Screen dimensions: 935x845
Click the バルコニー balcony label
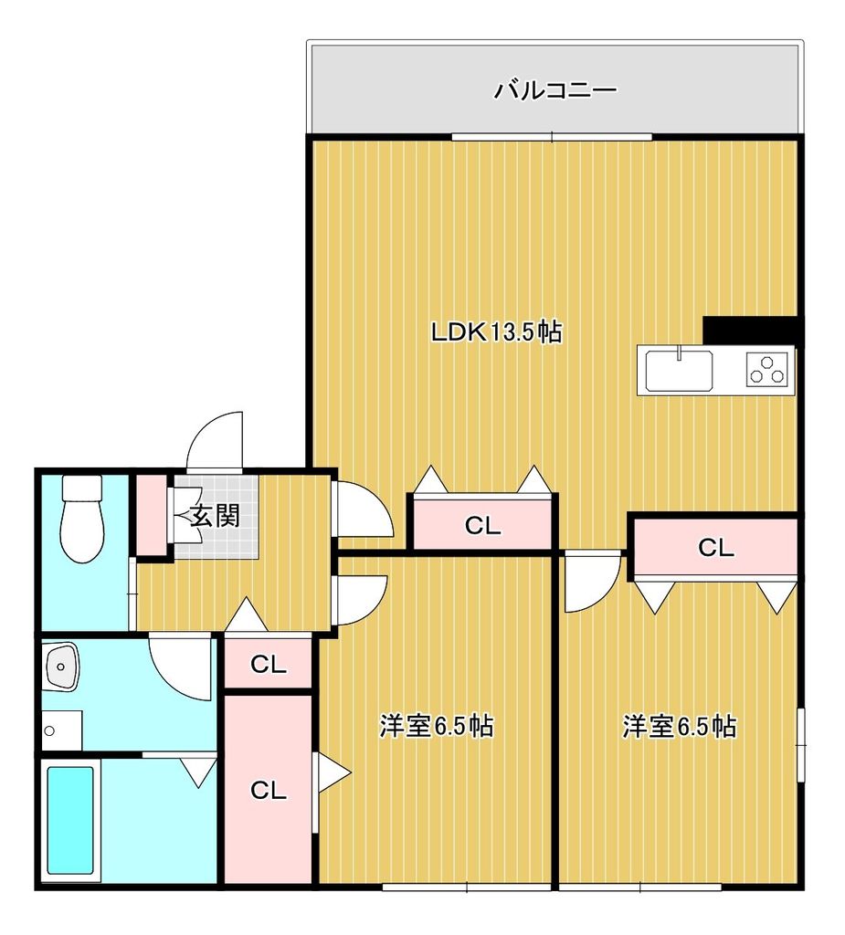click(555, 90)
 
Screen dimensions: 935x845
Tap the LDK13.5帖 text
click(496, 332)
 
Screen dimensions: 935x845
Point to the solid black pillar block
click(751, 330)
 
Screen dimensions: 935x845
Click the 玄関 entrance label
click(216, 517)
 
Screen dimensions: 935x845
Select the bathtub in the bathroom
click(70, 819)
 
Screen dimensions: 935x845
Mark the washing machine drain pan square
click(60, 730)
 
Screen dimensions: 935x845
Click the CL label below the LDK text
click(482, 526)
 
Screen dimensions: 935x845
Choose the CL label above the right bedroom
click(715, 548)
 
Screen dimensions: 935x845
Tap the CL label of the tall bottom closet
click(269, 791)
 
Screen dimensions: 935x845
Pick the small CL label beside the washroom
click(269, 665)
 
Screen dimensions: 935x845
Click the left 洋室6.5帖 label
click(437, 727)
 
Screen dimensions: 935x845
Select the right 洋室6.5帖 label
click(680, 727)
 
